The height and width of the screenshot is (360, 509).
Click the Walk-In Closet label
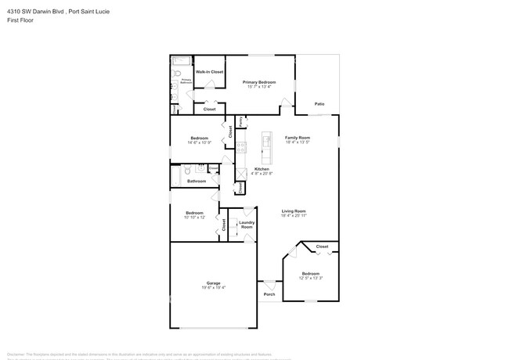tap(209, 72)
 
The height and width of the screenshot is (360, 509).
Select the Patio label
tap(319, 103)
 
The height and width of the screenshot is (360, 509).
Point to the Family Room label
tap(298, 137)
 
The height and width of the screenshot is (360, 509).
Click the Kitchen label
tap(262, 169)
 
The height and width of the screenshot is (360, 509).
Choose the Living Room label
tap(294, 210)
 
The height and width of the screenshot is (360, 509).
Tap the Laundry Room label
tap(246, 224)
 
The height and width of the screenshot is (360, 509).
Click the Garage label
tap(213, 283)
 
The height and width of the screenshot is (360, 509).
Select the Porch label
tap(269, 294)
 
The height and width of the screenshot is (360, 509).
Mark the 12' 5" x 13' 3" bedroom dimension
tap(310, 278)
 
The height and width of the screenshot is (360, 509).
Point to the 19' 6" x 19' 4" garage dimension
tap(213, 287)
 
